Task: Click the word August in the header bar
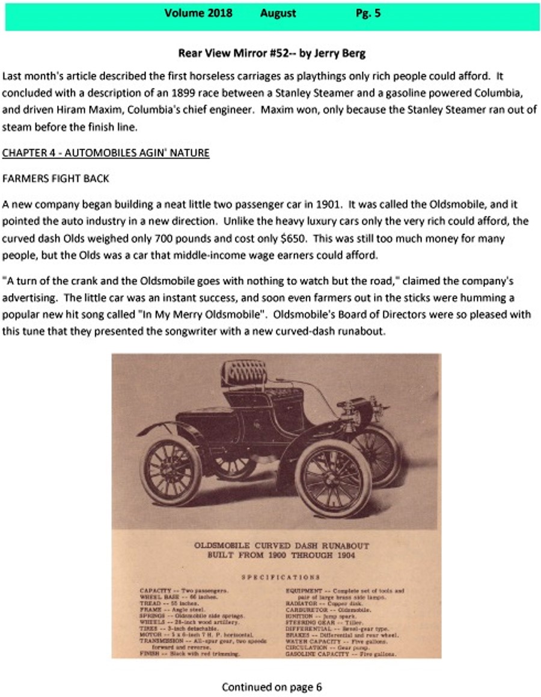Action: [278, 13]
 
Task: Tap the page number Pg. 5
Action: [368, 13]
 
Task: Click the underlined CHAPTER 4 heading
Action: [106, 152]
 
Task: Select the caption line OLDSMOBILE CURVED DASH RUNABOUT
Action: [281, 546]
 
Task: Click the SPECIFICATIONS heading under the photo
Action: [281, 577]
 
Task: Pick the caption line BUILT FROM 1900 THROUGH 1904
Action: [281, 556]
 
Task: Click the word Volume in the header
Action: [186, 13]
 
